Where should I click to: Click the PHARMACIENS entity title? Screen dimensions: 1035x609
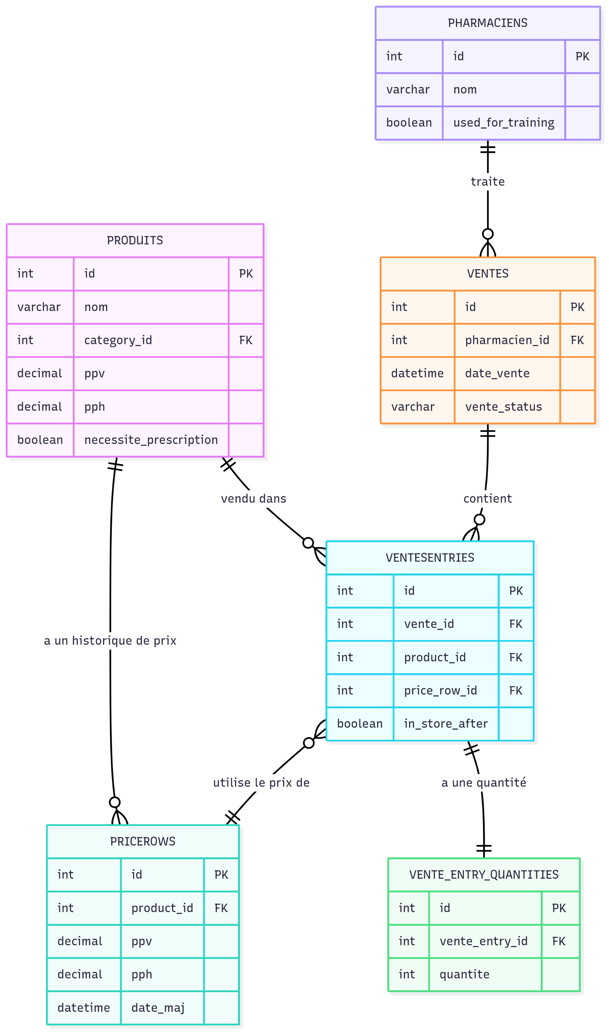tap(488, 23)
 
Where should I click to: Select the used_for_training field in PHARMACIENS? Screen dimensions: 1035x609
tap(503, 123)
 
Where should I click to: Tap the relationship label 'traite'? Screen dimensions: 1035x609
tap(488, 181)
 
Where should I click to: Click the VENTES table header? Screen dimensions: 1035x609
tap(488, 274)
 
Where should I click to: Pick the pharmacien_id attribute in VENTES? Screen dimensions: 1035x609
tap(507, 340)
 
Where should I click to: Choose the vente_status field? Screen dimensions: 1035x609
tap(503, 407)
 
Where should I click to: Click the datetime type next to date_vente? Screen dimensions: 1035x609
tap(417, 373)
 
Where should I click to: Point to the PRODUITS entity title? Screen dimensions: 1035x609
tap(135, 240)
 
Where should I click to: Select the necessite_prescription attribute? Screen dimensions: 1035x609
tap(151, 440)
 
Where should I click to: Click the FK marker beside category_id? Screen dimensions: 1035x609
tap(246, 340)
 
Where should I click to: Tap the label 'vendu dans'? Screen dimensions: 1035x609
tap(253, 499)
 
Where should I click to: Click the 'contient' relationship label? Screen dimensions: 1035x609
tap(488, 499)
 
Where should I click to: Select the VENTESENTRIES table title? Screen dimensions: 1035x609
tap(430, 558)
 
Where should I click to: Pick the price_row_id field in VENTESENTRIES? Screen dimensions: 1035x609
tap(440, 690)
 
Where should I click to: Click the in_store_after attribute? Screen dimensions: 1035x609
tap(446, 724)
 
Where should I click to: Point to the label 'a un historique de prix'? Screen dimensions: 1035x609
tap(110, 641)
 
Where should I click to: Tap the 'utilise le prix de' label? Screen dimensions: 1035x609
tap(261, 783)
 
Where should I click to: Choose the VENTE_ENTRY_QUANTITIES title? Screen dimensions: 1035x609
tap(483, 875)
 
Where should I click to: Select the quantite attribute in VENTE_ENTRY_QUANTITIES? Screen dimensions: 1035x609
tap(464, 974)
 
